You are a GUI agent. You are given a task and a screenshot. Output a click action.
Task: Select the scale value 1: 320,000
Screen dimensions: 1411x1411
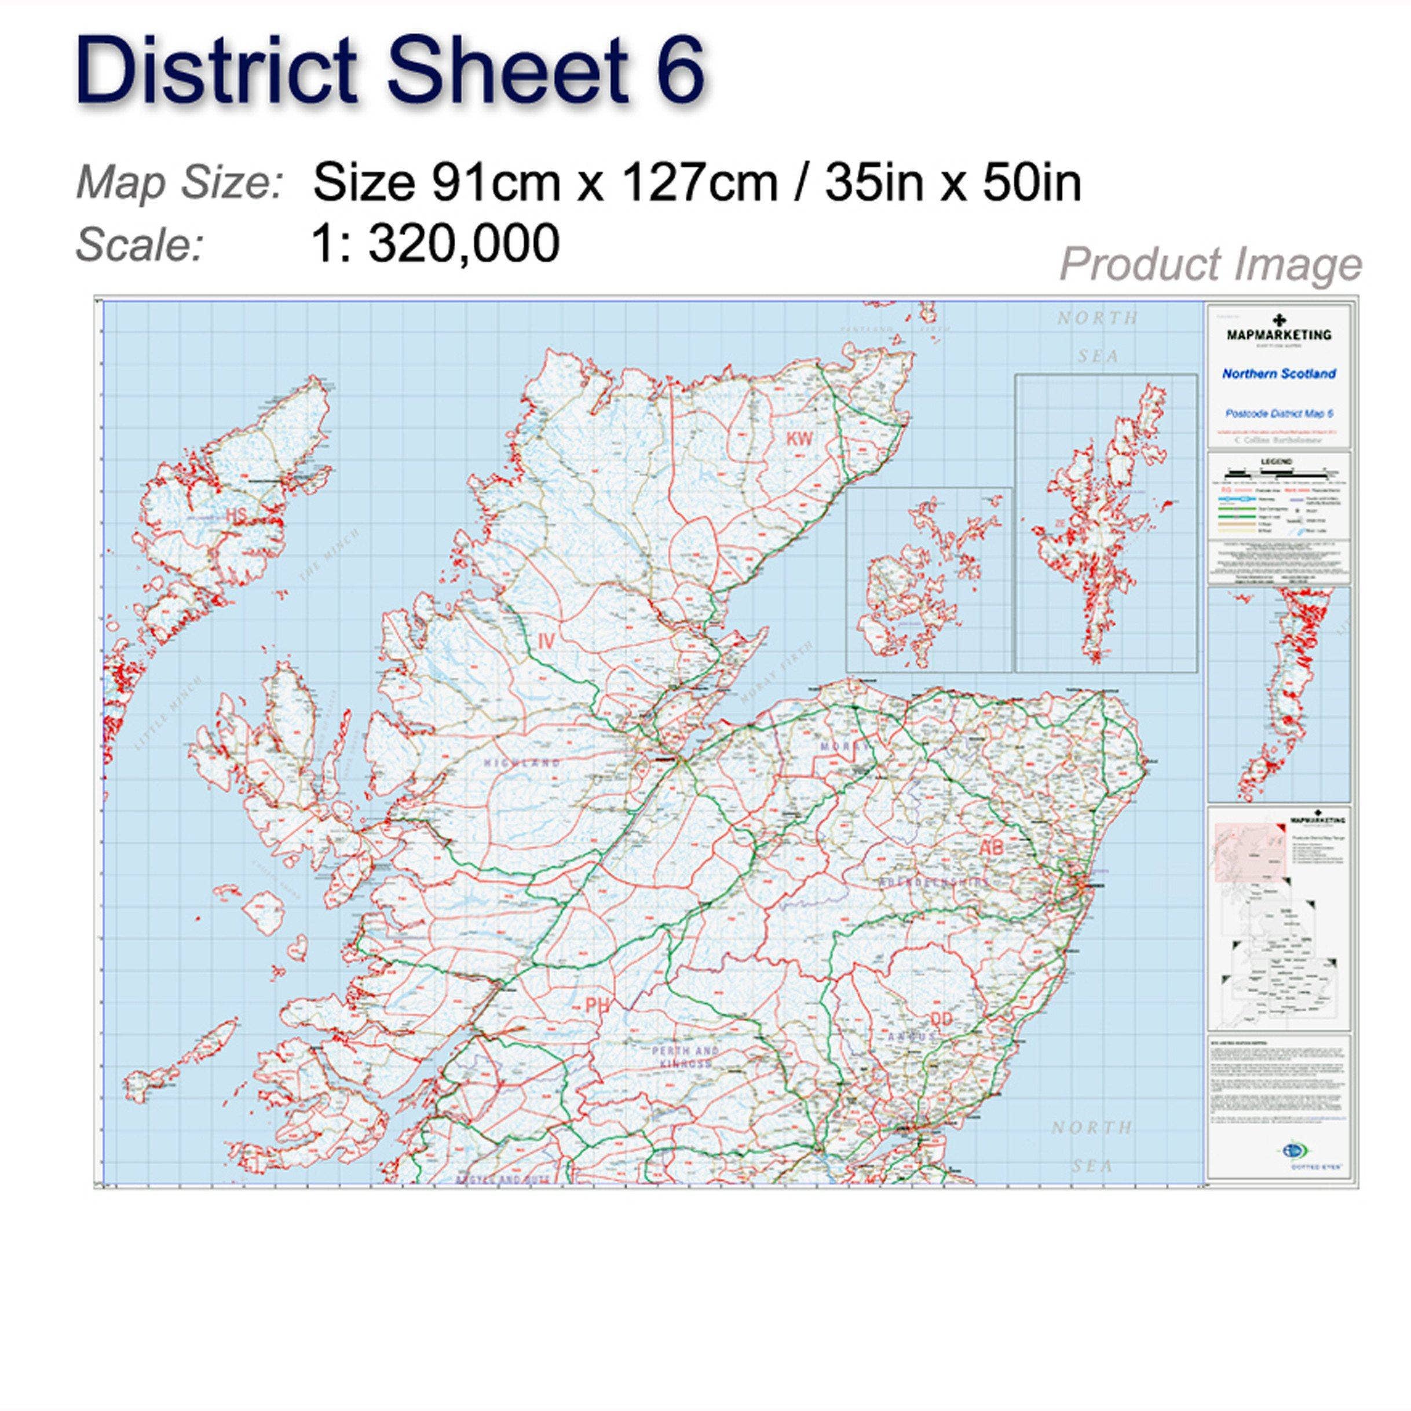coord(435,243)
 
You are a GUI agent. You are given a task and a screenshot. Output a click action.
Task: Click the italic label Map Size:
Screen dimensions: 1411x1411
coord(180,182)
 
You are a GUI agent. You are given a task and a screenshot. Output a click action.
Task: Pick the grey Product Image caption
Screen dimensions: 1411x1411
coord(1210,264)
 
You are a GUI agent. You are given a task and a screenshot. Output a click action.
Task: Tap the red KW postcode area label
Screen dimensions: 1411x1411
coord(799,439)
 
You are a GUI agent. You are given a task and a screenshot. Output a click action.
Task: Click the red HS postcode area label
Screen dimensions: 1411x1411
coord(236,516)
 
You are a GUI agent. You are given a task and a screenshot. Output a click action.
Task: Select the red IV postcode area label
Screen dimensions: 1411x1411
coord(546,641)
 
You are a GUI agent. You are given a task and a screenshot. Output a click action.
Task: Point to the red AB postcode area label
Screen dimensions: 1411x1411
coord(991,847)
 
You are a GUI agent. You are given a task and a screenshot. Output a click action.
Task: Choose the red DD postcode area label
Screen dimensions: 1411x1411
coord(942,1019)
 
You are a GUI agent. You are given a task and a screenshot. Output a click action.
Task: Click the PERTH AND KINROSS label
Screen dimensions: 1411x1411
coord(685,1057)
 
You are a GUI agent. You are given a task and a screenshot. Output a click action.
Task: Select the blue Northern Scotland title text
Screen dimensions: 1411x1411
coord(1279,374)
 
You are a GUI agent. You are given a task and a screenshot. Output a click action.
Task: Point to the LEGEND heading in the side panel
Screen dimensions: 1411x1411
coord(1276,462)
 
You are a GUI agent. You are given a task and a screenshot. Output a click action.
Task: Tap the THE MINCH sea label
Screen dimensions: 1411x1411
coord(328,557)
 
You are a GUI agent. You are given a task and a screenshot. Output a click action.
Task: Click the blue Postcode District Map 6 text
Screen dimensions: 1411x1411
coord(1279,414)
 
